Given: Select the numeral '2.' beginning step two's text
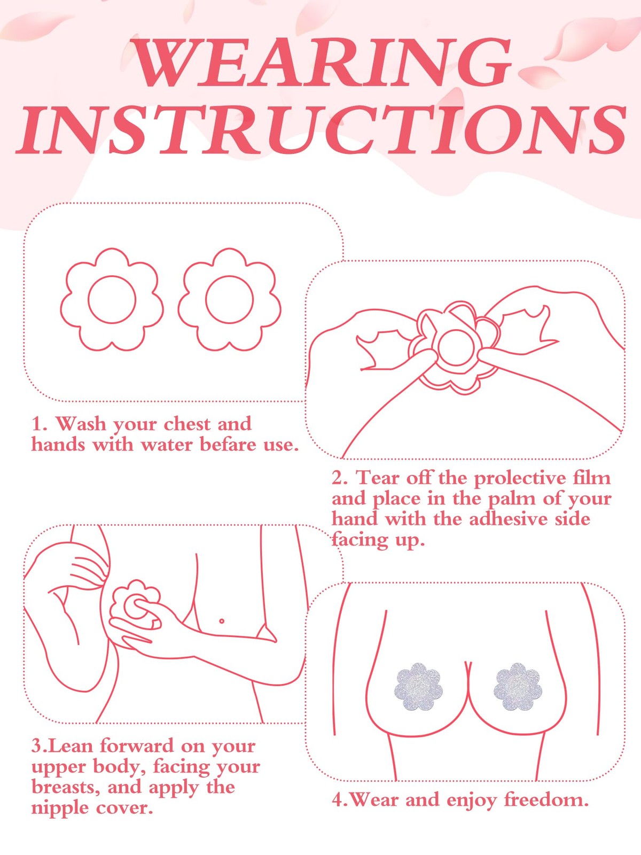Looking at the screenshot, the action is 341,478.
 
